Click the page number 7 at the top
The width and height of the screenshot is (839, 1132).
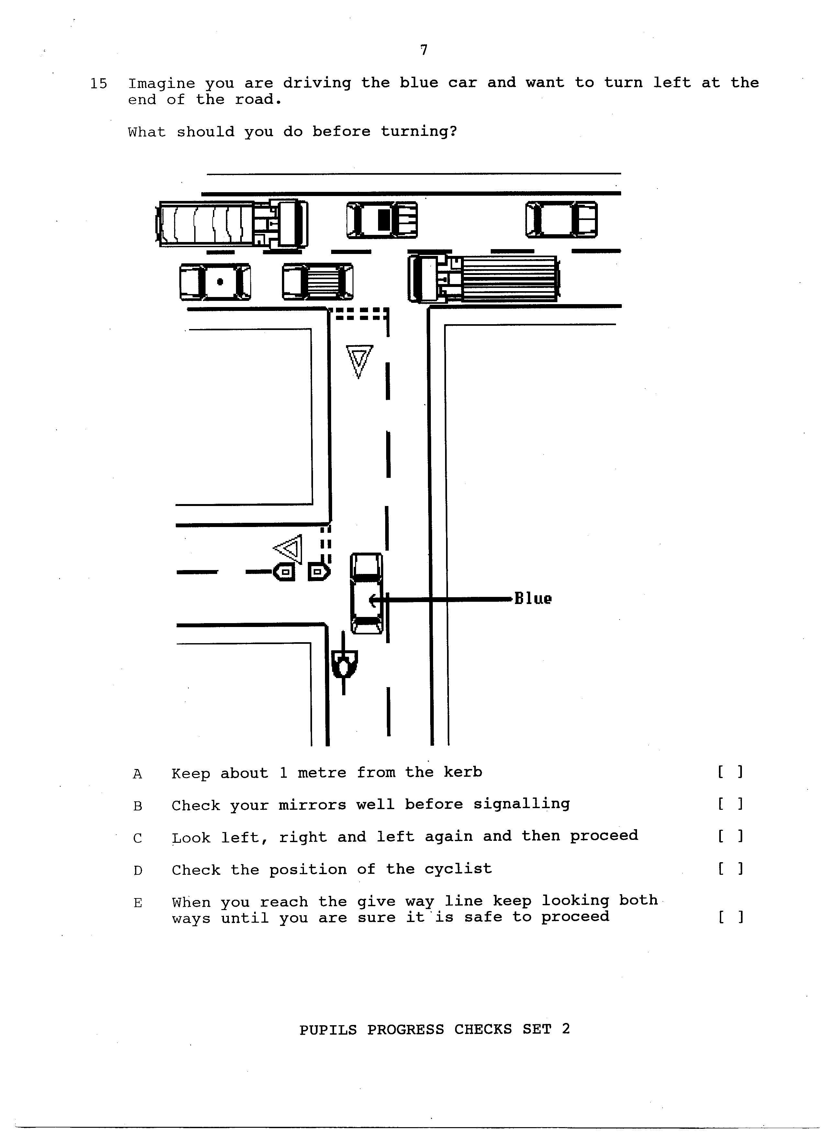[x=424, y=50]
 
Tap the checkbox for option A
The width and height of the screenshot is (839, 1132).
[x=730, y=772]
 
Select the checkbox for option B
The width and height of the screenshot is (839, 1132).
[x=730, y=804]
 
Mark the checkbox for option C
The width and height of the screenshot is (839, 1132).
[x=730, y=836]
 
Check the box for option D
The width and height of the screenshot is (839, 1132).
[x=730, y=869]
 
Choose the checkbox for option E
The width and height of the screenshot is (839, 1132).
[x=730, y=917]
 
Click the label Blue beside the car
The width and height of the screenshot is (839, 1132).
[x=533, y=599]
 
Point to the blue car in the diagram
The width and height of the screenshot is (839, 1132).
[x=366, y=593]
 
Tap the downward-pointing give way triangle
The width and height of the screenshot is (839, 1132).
[x=359, y=360]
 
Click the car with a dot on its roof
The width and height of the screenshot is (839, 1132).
[x=215, y=282]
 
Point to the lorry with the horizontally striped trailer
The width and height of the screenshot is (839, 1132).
[x=484, y=279]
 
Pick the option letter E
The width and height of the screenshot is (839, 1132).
[x=138, y=903]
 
